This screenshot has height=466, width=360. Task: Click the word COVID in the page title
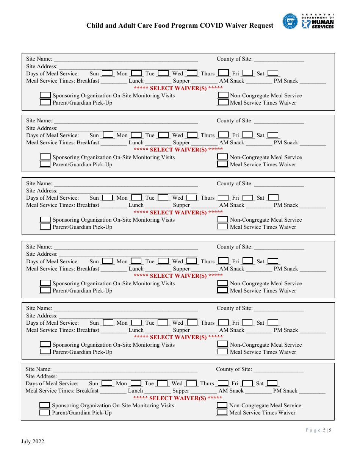(x=213, y=26)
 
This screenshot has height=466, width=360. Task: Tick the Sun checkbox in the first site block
(x=107, y=73)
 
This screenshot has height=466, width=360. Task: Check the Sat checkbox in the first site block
(x=273, y=73)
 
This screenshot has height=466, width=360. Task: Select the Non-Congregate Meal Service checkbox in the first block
(x=223, y=95)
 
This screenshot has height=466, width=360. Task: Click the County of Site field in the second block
(x=279, y=121)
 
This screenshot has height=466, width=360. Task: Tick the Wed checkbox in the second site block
(x=192, y=135)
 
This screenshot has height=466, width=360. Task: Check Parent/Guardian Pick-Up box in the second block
(x=45, y=164)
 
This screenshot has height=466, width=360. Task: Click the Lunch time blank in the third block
(x=158, y=205)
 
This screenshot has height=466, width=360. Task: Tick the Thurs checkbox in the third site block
(x=223, y=198)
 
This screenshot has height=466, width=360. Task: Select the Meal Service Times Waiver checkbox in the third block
(x=223, y=227)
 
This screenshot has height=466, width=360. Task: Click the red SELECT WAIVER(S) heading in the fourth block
(x=178, y=276)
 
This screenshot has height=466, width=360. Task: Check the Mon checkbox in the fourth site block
(x=136, y=261)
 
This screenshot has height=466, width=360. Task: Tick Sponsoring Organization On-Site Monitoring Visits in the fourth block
(x=45, y=283)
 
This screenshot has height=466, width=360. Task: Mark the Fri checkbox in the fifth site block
(x=247, y=323)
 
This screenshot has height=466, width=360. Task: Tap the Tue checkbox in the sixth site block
(x=162, y=383)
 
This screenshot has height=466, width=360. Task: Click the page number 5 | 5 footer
(x=318, y=430)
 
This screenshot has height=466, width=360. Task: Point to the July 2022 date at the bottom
(x=33, y=441)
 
